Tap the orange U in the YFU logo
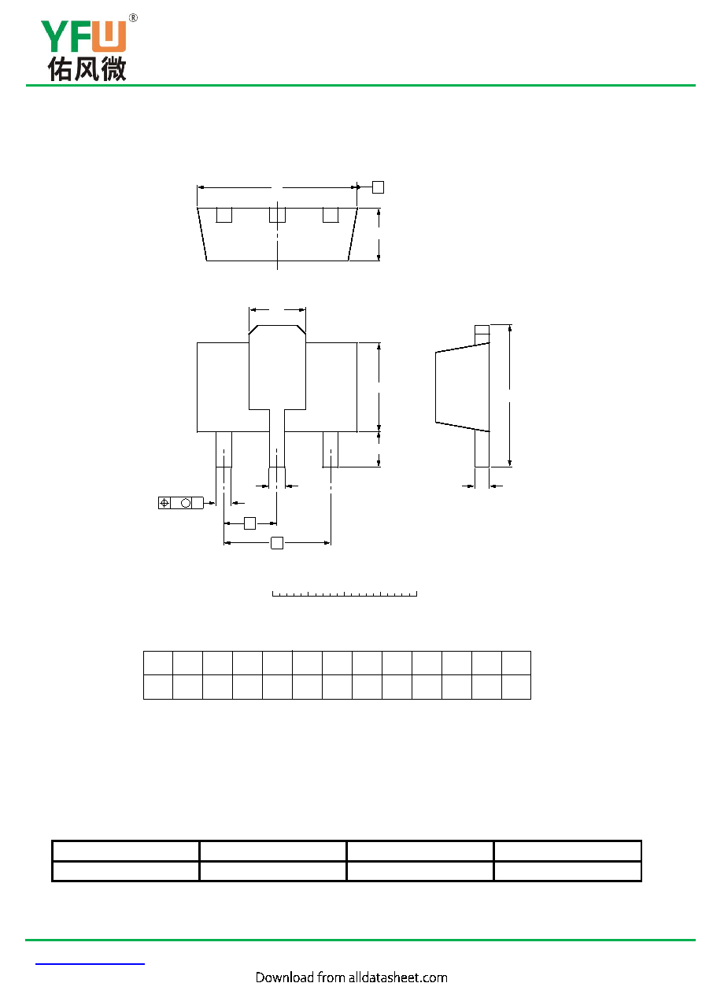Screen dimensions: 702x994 point(109,36)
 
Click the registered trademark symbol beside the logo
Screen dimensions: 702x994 point(133,18)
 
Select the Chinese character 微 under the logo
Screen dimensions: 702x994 point(113,68)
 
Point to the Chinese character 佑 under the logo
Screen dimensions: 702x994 point(60,68)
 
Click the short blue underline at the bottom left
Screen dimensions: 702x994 point(90,964)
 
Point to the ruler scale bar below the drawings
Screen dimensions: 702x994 point(345,593)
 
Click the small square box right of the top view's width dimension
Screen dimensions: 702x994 point(378,187)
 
